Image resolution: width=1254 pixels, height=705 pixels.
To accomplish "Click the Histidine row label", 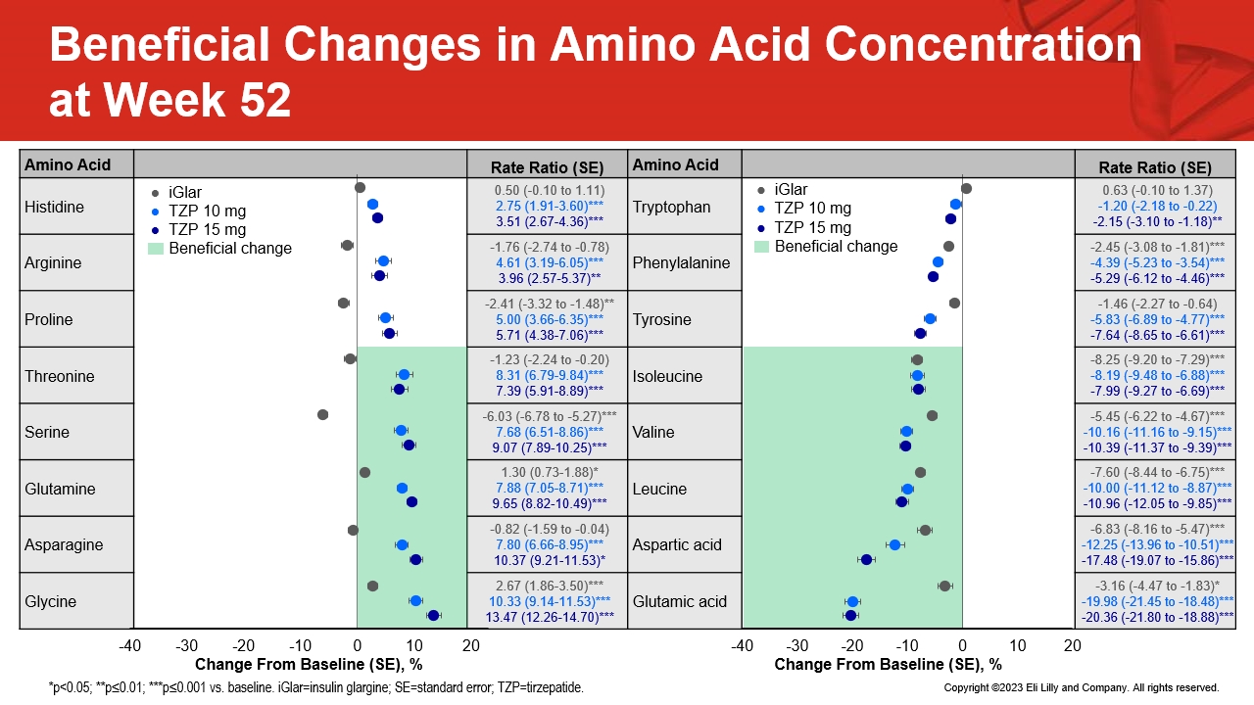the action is [54, 207].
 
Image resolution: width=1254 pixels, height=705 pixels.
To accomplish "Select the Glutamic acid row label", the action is [680, 601].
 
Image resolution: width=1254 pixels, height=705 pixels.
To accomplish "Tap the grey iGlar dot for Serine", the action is [322, 415].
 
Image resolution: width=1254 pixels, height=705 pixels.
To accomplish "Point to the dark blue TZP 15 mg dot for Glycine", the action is [433, 616].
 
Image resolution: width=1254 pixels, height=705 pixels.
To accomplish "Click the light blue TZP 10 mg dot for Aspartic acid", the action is [894, 545].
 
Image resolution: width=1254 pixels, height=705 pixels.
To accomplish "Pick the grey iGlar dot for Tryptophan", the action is [966, 189].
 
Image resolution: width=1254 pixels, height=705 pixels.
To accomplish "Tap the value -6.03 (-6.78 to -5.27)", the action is [542, 416].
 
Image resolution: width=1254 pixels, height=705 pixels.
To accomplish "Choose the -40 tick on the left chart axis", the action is [130, 645].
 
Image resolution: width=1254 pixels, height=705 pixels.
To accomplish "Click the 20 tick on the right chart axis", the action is [1072, 645].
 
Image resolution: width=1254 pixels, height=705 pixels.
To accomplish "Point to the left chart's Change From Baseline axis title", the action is [309, 665].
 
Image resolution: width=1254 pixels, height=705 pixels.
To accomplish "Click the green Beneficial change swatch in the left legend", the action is [155, 249].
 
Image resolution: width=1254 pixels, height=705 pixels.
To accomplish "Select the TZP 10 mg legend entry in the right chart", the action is [804, 209].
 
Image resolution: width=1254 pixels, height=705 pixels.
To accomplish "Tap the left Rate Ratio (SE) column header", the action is [547, 167].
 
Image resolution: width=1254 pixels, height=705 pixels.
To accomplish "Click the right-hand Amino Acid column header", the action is [675, 165].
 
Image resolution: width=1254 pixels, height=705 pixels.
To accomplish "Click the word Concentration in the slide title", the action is [983, 45].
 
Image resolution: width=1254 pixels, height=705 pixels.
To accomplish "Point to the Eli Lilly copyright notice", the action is [1082, 687].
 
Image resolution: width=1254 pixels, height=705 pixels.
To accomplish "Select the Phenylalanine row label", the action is [681, 263].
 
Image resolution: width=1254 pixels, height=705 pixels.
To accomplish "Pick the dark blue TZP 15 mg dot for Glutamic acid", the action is [851, 616].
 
